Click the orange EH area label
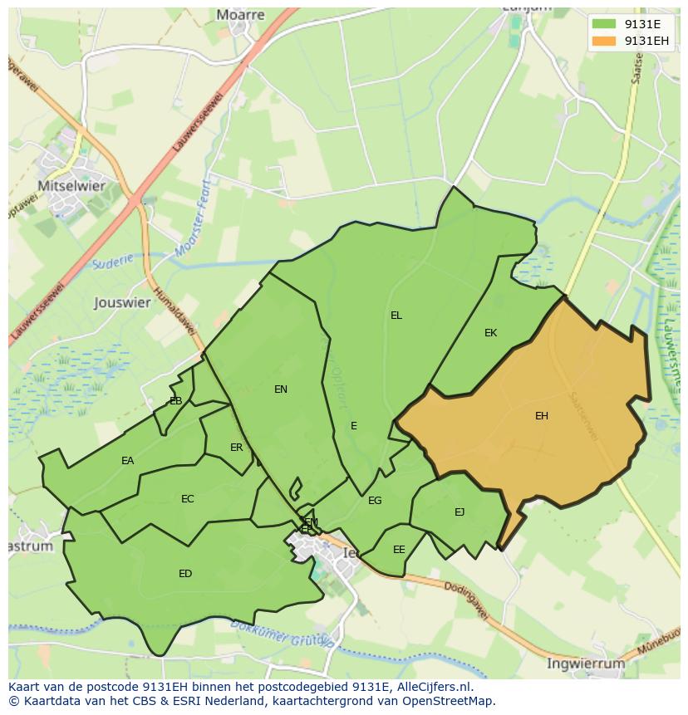pyautogui.click(x=541, y=416)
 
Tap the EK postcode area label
pyautogui.click(x=490, y=333)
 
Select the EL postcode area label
pyautogui.click(x=396, y=316)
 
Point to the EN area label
pyautogui.click(x=281, y=389)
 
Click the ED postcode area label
pyautogui.click(x=185, y=574)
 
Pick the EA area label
pyautogui.click(x=127, y=461)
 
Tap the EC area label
pyautogui.click(x=187, y=499)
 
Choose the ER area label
pyautogui.click(x=237, y=448)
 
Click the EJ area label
pyautogui.click(x=459, y=512)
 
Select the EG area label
pyautogui.click(x=375, y=501)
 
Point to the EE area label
pyautogui.click(x=399, y=550)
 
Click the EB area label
pyautogui.click(x=175, y=401)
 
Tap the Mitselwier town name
pyautogui.click(x=71, y=186)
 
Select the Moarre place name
pyautogui.click(x=240, y=15)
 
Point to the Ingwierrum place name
pyautogui.click(x=586, y=664)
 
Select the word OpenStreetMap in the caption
pyautogui.click(x=448, y=701)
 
